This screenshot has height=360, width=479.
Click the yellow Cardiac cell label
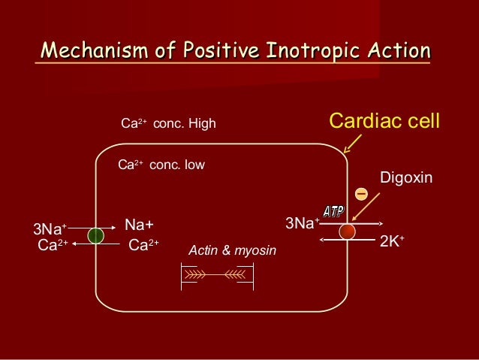pyautogui.click(x=384, y=120)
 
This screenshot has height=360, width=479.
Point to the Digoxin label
pyautogui.click(x=406, y=178)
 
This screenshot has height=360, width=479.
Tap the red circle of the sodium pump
pyautogui.click(x=347, y=231)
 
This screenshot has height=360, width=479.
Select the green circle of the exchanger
pyautogui.click(x=95, y=235)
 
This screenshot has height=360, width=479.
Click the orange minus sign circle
pyautogui.click(x=361, y=194)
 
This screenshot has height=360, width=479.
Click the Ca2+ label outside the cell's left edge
pyautogui.click(x=53, y=244)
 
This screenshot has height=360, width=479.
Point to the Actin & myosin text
pyautogui.click(x=232, y=250)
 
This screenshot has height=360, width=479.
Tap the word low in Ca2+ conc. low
pyautogui.click(x=191, y=164)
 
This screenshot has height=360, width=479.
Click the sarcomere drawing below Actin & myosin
pyautogui.click(x=217, y=277)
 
